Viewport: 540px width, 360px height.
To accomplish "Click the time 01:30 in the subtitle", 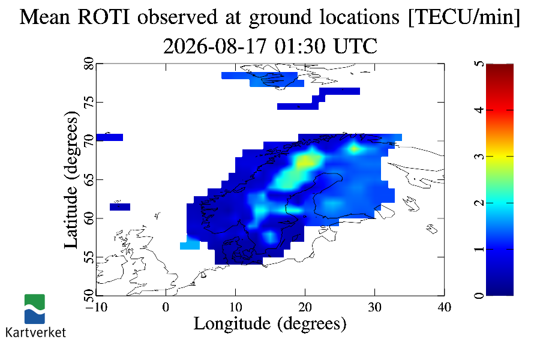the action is pyautogui.click(x=300, y=46).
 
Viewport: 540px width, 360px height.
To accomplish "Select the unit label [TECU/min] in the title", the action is pyautogui.click(x=464, y=17).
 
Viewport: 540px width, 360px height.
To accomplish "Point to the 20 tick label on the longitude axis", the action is pyautogui.click(x=305, y=307).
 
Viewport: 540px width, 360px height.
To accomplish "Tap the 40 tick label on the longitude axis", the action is pyautogui.click(x=444, y=307).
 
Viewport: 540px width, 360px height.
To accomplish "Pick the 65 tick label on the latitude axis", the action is pyautogui.click(x=89, y=179).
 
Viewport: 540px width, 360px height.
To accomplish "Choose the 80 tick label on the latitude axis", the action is pyautogui.click(x=89, y=64).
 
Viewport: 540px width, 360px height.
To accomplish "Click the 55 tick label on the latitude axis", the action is pyautogui.click(x=89, y=257).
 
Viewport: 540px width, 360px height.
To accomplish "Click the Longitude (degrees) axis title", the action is pyautogui.click(x=270, y=324).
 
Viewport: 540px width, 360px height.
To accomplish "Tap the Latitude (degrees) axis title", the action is pyautogui.click(x=71, y=179).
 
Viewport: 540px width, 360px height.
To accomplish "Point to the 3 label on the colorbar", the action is pyautogui.click(x=479, y=157).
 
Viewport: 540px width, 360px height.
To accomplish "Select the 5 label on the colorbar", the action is pyautogui.click(x=479, y=64).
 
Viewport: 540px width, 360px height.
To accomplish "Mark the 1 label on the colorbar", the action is pyautogui.click(x=479, y=249).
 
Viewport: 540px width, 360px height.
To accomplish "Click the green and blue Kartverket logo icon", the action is pyautogui.click(x=34, y=309).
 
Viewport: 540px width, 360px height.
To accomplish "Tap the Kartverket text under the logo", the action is pyautogui.click(x=35, y=332).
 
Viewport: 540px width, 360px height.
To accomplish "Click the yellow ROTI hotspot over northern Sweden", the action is pyautogui.click(x=306, y=161).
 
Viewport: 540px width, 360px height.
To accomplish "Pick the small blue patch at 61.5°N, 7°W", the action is pyautogui.click(x=120, y=207).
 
